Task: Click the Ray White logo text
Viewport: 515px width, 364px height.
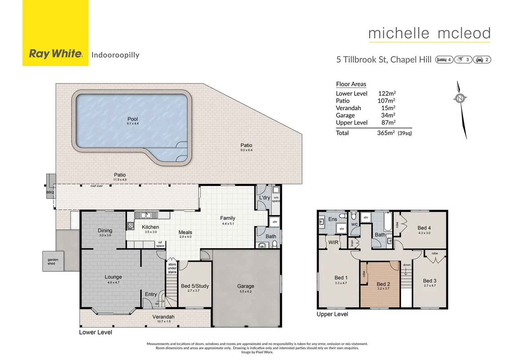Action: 56,54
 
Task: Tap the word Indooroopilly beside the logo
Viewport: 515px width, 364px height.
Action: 115,55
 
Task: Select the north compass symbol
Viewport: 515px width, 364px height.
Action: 460,98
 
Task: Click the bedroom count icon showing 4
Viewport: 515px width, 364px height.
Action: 444,60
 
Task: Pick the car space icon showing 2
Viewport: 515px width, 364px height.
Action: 482,60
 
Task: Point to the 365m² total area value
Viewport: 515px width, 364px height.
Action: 386,133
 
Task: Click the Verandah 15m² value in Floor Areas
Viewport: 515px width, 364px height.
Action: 388,108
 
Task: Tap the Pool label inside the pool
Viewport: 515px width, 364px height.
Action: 132,119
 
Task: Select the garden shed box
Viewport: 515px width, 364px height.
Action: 53,262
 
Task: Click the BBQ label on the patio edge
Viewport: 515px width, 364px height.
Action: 50,192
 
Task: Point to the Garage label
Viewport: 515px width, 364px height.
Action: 245,286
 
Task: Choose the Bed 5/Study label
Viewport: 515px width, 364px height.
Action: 195,286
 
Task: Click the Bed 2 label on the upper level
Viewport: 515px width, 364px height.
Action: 383,284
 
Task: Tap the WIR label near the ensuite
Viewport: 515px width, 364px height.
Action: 333,242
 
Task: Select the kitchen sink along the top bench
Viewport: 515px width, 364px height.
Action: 146,215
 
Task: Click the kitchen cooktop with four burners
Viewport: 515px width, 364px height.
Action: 131,225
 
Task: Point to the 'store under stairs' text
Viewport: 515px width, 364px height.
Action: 172,268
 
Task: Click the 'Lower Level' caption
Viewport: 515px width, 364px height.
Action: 95,332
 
